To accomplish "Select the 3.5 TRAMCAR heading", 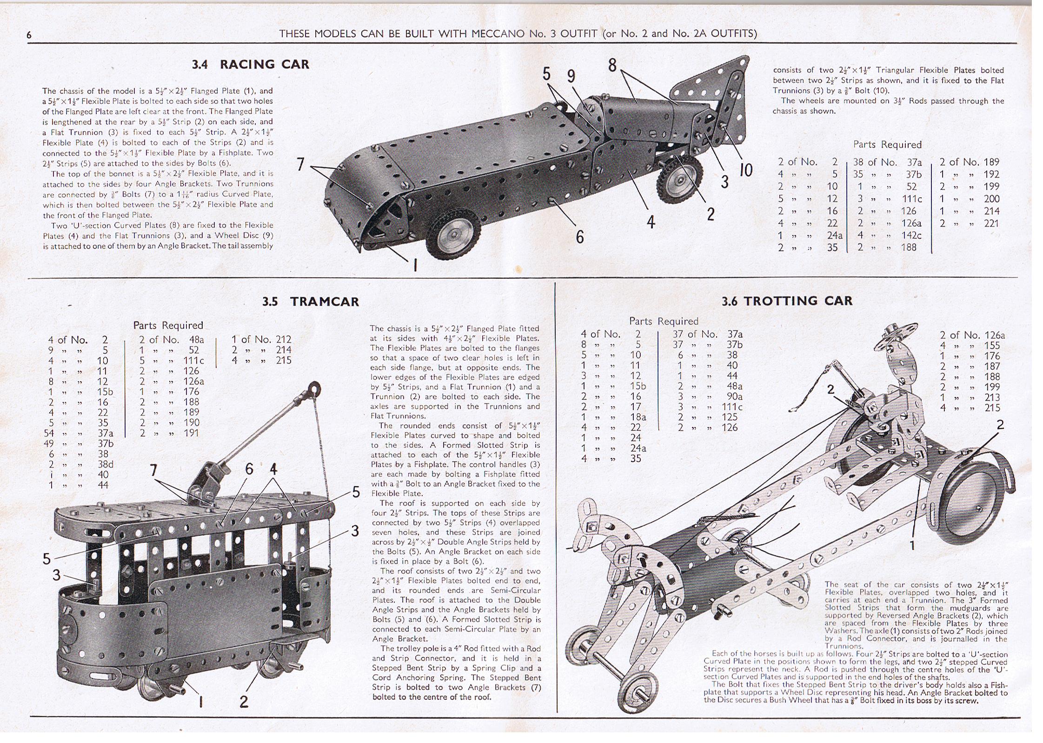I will [x=311, y=301].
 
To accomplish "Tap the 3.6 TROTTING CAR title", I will [x=787, y=301].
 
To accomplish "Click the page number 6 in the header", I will [x=29, y=35].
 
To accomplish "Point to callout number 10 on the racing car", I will [x=745, y=170].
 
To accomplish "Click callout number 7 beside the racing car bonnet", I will [x=300, y=164].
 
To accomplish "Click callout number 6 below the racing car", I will [x=579, y=237].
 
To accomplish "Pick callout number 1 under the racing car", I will [x=415, y=265].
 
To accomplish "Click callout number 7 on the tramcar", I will [x=154, y=471].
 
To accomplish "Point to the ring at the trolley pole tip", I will [x=316, y=388].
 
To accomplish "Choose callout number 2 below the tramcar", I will [x=244, y=702].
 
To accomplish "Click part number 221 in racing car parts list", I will [x=991, y=223].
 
